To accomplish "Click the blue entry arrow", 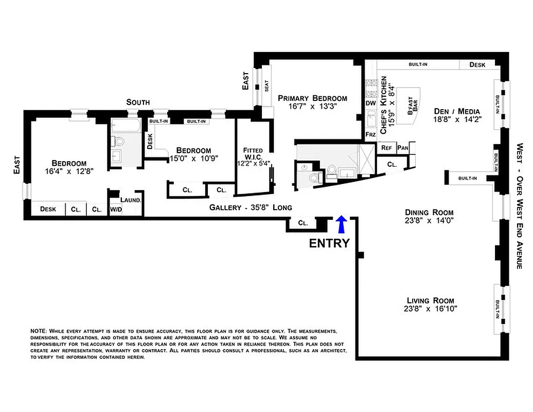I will click(340, 225).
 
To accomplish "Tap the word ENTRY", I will click(329, 243).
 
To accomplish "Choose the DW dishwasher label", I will click(370, 104).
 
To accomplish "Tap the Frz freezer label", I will click(370, 134).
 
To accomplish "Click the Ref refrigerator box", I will click(386, 147).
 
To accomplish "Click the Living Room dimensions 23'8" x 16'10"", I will click(431, 309).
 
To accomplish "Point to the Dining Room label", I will click(429, 212).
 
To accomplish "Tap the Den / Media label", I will click(457, 111).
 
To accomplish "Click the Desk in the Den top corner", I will click(478, 65).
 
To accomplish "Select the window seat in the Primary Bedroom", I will click(266, 87).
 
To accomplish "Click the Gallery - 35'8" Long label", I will click(251, 208).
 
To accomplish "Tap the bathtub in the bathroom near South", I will click(126, 125).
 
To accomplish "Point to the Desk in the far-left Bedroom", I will click(48, 209).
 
